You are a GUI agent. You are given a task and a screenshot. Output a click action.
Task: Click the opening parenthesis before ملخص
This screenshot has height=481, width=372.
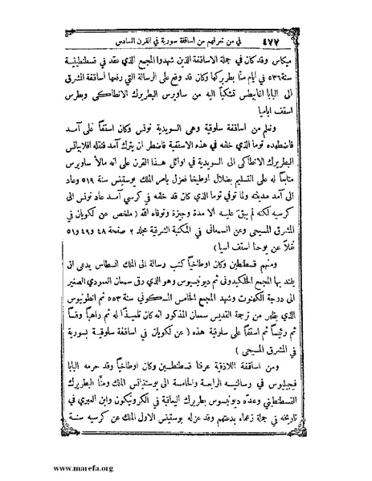pos(141,234)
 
